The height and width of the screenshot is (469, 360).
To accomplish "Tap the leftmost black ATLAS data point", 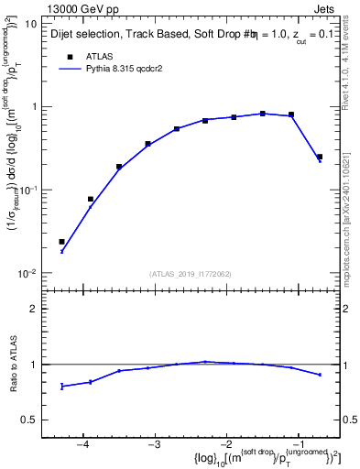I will click(x=61, y=242).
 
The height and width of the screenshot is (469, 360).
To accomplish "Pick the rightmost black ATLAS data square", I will click(x=320, y=157).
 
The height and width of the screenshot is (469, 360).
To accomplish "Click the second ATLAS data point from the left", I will click(x=91, y=199).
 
